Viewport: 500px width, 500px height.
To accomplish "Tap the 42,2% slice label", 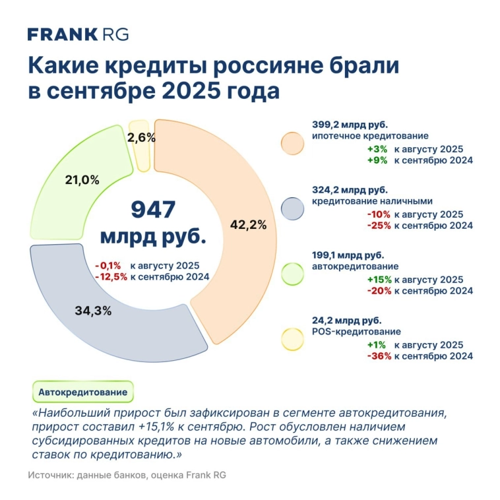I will [248, 224].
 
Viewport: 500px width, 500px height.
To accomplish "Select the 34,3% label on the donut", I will [92, 309].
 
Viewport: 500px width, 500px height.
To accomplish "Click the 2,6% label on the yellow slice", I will [141, 138].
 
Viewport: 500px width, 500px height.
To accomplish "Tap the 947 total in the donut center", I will [152, 210].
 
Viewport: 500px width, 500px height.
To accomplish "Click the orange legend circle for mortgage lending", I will [291, 143].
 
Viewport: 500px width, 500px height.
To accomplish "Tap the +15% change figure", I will [379, 280].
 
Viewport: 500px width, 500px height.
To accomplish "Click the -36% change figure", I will [379, 356].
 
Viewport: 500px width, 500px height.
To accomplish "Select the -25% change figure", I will [379, 225].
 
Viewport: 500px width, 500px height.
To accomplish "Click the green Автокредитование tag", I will [82, 392].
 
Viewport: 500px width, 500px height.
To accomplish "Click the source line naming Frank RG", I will [127, 476].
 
